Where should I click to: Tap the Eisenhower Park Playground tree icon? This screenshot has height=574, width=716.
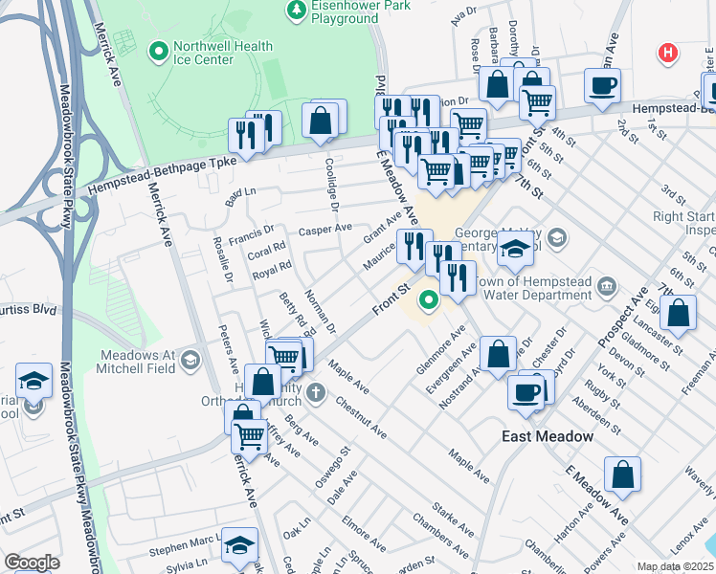click(297, 11)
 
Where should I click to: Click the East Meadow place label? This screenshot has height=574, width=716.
click(548, 436)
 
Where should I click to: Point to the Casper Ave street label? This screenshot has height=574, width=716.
click(325, 231)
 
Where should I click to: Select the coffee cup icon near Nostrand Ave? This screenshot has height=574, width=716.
click(525, 390)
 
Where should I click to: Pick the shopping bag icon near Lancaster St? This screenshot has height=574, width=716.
click(678, 314)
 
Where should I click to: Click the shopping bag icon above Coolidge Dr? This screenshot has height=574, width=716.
click(321, 121)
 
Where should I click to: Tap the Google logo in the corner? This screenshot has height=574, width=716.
click(32, 563)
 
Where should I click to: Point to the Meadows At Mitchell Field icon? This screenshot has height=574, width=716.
click(190, 360)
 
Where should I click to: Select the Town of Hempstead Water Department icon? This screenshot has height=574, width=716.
click(606, 286)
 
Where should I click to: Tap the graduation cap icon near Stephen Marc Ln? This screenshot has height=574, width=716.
click(240, 545)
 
